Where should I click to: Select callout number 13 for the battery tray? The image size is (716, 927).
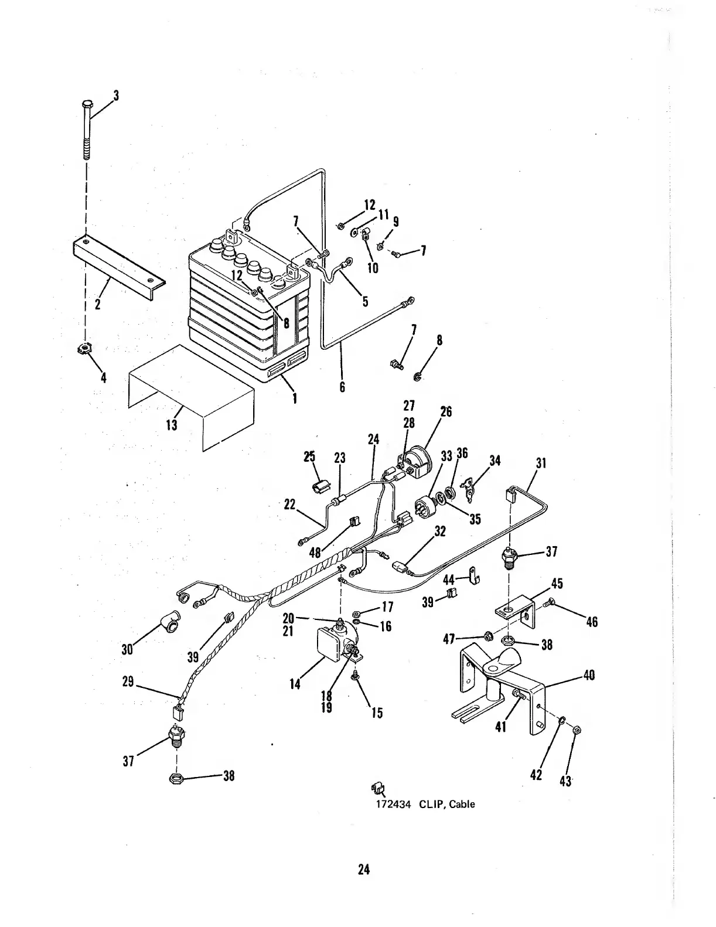coord(172,424)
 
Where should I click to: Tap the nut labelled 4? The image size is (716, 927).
coord(85,350)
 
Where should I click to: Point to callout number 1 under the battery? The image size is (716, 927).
coord(294,398)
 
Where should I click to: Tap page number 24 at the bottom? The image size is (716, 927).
coord(364,870)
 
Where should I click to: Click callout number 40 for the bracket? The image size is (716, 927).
coord(589,675)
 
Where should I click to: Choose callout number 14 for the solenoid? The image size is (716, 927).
coord(295,683)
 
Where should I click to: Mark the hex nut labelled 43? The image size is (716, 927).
coord(575,730)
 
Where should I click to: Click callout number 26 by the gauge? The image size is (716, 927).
coord(446,411)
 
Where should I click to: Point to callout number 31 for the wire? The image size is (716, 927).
coord(541,463)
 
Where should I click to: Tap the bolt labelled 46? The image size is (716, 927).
coord(549,601)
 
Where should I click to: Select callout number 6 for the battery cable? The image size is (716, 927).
coord(342,387)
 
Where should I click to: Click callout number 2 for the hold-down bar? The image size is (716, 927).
coord(98,305)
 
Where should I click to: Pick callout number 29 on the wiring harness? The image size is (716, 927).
coord(129,682)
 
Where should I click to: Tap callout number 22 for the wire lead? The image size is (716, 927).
coord(289,504)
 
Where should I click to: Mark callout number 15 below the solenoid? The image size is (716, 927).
coord(377,713)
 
